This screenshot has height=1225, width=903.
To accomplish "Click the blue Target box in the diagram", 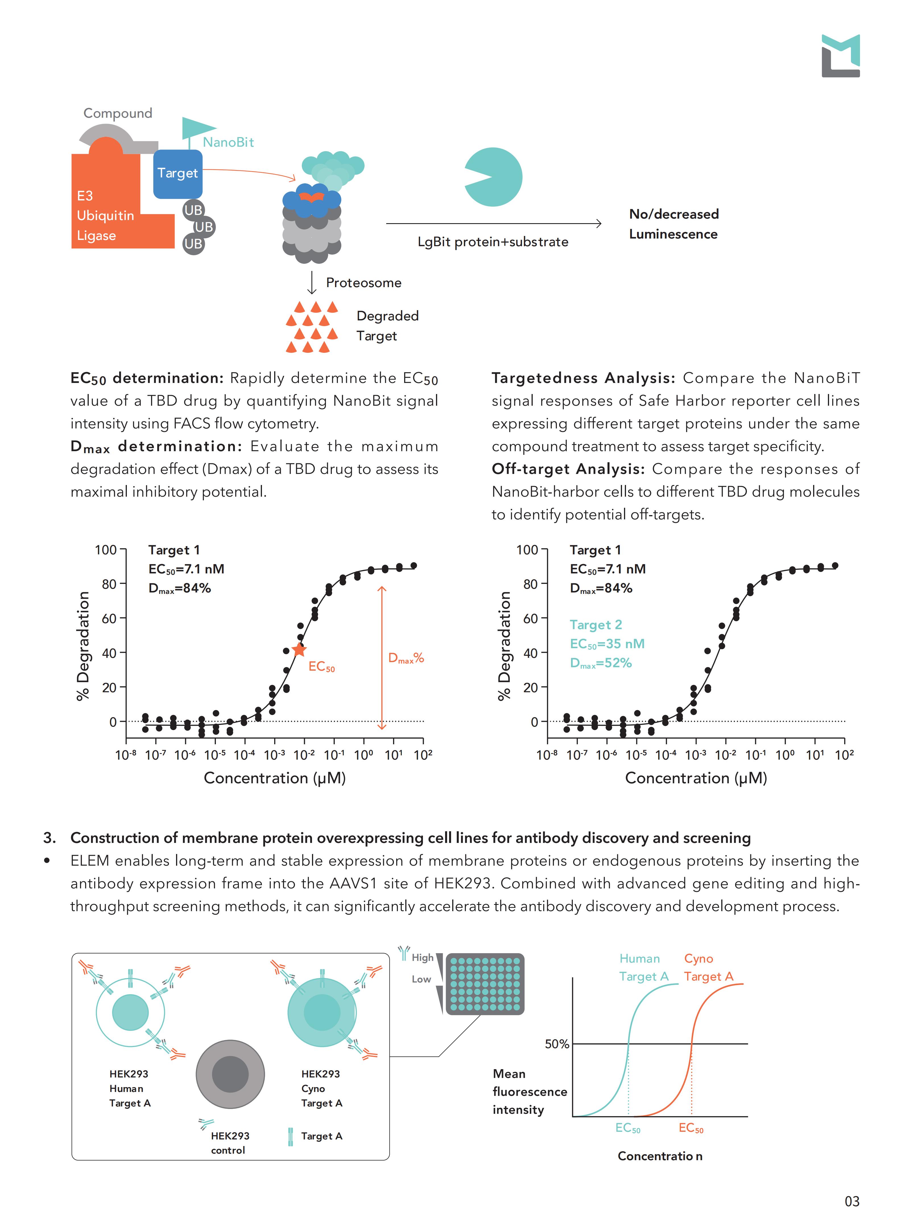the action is [x=178, y=174].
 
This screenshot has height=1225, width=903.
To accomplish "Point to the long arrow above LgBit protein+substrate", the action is [x=493, y=223].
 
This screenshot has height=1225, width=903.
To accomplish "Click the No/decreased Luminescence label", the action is [x=673, y=224].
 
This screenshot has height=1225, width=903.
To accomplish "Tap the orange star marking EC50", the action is [x=299, y=650].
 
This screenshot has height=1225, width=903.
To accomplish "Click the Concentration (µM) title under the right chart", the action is [x=696, y=778].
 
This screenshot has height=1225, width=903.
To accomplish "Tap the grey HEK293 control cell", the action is [x=230, y=1074].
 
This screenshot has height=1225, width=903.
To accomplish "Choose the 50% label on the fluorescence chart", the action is [x=557, y=1044].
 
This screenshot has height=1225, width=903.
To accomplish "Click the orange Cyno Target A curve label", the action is [x=708, y=968].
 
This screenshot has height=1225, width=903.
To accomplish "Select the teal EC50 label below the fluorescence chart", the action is [x=627, y=1128].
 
